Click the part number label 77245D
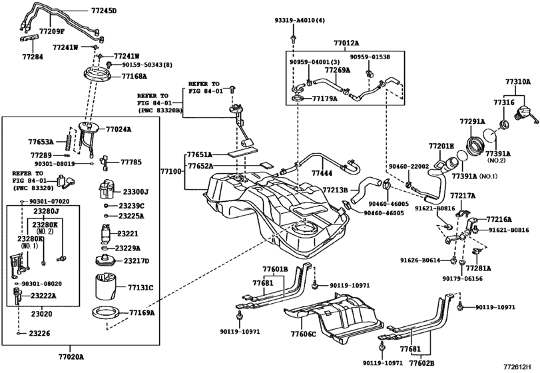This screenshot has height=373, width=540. pyautogui.click(x=103, y=11)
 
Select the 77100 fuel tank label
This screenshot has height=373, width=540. pyautogui.click(x=170, y=171)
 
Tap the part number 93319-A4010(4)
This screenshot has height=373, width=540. pyautogui.click(x=300, y=21)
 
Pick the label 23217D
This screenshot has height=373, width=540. pyautogui.click(x=136, y=260)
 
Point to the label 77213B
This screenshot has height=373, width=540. pyautogui.click(x=336, y=190)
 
